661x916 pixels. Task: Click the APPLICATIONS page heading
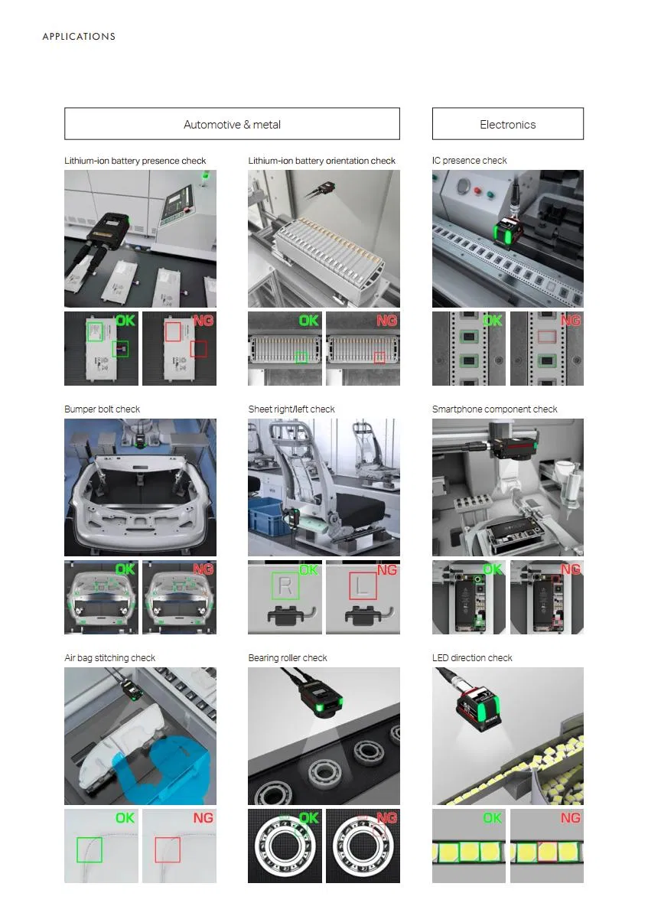click(79, 36)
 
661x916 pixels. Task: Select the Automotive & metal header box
click(232, 123)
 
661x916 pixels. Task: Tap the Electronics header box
click(507, 123)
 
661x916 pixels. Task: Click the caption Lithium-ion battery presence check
click(135, 161)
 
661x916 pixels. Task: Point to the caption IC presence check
click(470, 161)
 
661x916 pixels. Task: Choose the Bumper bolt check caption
click(103, 409)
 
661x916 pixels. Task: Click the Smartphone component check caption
click(494, 409)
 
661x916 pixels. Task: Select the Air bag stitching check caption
click(109, 658)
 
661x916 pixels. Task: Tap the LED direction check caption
click(472, 658)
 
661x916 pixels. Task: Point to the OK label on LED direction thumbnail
click(492, 818)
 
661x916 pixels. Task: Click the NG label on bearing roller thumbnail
click(387, 818)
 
